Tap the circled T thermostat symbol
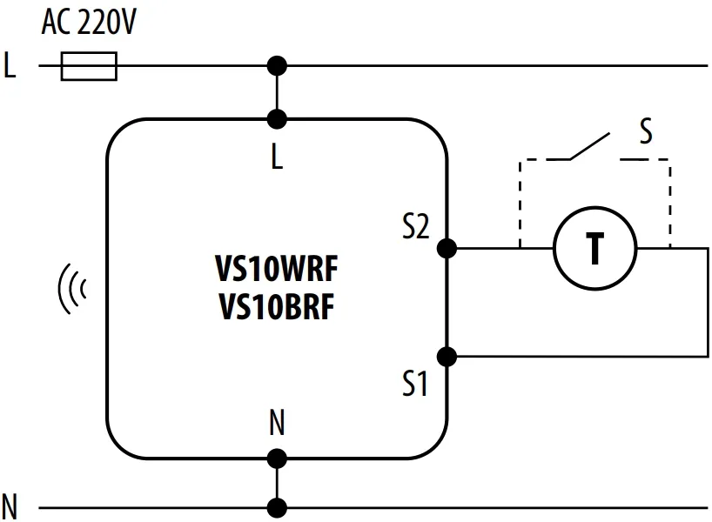click(595, 249)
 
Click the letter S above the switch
click(645, 132)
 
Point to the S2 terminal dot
click(447, 249)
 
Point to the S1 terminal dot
click(447, 356)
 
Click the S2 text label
click(415, 228)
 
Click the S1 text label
click(415, 384)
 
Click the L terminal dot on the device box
click(277, 119)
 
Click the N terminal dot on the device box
click(277, 458)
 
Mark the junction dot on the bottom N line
click(277, 507)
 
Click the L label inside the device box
click(277, 159)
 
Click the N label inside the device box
click(277, 425)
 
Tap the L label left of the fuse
click(10, 66)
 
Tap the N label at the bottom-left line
click(10, 505)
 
